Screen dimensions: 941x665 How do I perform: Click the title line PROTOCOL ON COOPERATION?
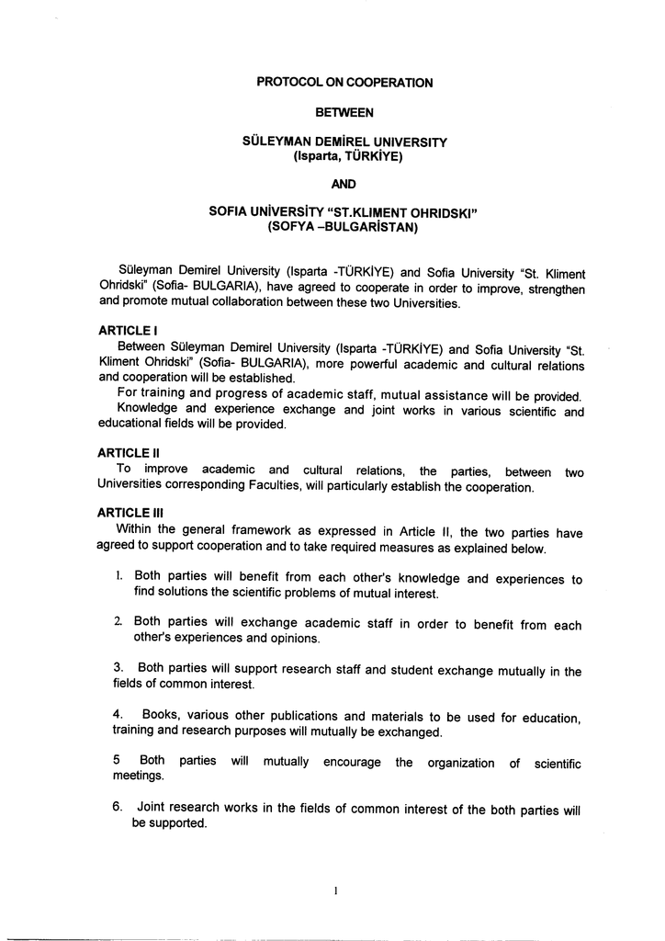(344, 83)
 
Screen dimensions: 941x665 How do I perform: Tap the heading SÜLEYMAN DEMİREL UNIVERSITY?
(344, 142)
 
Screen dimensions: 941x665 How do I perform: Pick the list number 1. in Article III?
(120, 577)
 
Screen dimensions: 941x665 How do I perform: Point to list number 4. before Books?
(118, 715)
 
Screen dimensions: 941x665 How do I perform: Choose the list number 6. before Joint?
(118, 808)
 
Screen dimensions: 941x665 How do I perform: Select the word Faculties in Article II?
(319, 486)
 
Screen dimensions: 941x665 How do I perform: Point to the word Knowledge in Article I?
(152, 410)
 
